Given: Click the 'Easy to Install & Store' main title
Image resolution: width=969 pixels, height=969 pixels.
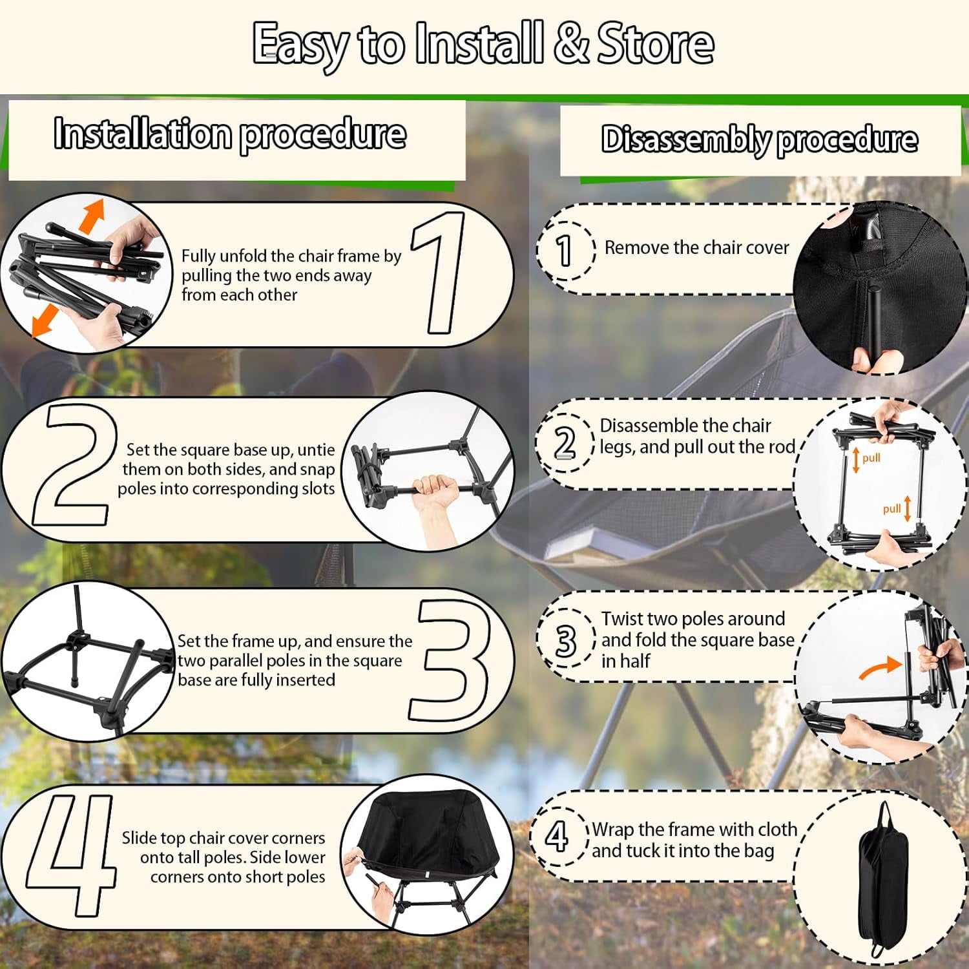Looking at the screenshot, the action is coord(483,44).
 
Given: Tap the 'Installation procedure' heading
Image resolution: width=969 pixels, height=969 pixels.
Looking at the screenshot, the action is coord(230,134).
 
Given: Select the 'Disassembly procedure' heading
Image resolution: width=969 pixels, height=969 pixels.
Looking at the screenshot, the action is coord(759,140).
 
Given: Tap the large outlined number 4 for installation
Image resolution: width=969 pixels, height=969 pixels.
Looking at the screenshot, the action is coord(71,854).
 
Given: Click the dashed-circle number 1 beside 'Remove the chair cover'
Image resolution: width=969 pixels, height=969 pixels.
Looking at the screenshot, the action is coord(565,249).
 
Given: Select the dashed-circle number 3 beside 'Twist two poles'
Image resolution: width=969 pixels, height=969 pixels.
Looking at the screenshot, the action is coord(566,640).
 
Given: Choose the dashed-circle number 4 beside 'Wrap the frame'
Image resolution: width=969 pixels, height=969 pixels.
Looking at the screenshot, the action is coord(557,837).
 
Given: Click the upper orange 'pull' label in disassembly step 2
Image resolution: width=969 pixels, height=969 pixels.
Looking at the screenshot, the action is coord(871,458).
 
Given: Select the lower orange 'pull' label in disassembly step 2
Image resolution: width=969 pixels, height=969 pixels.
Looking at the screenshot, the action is coord(892,509).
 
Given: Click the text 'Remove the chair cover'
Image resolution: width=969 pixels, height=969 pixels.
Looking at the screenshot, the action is coord(696,248).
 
